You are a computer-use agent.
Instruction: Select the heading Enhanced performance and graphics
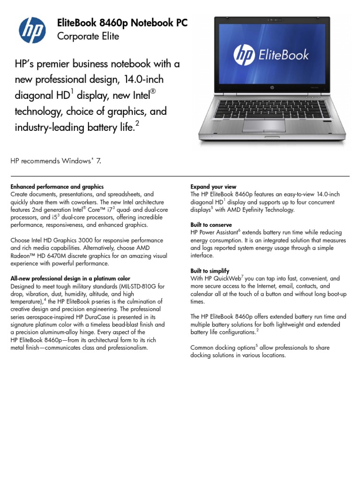tap(57, 187)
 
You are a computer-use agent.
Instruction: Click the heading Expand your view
tap(213, 187)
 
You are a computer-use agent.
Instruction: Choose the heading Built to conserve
tap(211, 225)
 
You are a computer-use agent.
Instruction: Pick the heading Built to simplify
tap(210, 271)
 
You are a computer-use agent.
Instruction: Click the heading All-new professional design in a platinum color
tap(70, 278)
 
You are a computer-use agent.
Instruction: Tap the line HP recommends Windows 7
tap(56, 161)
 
